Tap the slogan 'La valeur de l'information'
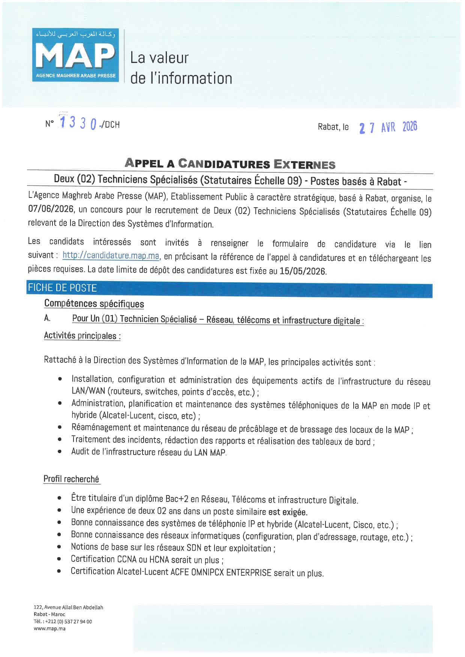(181, 68)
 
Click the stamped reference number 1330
(78, 123)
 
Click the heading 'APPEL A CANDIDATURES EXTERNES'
(230, 163)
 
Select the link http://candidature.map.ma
(111, 256)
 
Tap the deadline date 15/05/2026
(303, 271)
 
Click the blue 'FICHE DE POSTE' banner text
(62, 288)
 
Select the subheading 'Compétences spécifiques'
(94, 303)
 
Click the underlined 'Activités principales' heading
(82, 335)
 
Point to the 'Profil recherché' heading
(71, 479)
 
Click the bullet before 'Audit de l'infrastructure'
(60, 452)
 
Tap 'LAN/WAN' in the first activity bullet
(88, 391)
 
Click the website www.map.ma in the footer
(49, 629)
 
